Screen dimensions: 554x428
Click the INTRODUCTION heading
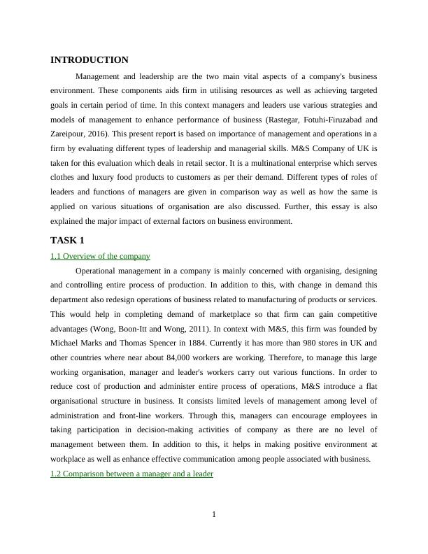[90, 60]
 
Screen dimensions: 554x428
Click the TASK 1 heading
[67, 241]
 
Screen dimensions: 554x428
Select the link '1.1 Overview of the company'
[100, 256]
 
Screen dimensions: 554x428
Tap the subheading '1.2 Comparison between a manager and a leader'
[131, 474]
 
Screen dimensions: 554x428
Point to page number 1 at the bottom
[214, 516]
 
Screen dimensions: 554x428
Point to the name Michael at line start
[64, 343]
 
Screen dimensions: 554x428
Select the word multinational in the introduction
[254, 162]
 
